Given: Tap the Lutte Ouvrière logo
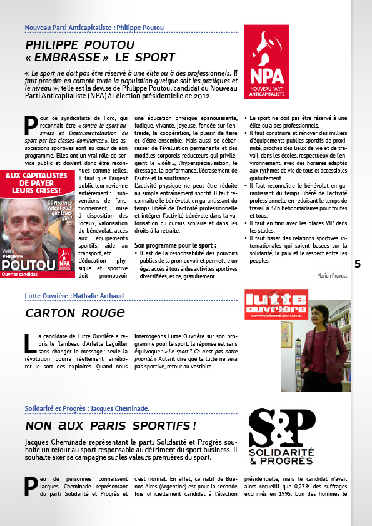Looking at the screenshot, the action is [276, 305].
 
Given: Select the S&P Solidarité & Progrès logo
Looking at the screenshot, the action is [281, 436].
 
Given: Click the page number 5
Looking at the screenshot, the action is [358, 263].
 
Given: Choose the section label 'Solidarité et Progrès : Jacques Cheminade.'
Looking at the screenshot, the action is [87, 409].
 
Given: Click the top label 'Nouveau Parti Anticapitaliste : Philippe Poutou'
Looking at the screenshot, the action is [94, 28].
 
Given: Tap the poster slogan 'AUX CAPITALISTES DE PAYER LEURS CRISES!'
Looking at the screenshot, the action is [41, 182].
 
